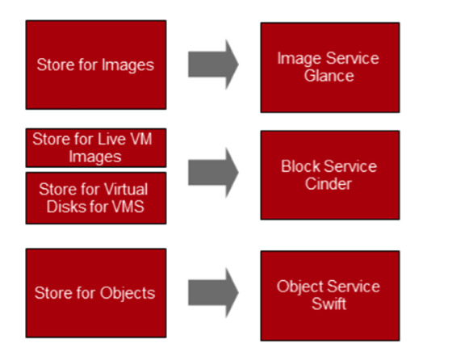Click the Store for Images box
96,65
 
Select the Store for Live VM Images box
96,148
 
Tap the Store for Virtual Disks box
96,198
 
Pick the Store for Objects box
96,293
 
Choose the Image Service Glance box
330,68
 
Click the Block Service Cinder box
330,175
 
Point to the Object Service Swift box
330,295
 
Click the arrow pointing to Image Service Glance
213,65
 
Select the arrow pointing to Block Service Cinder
213,173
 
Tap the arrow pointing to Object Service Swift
213,292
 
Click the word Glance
329,76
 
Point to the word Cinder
329,184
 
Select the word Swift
329,304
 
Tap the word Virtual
126,190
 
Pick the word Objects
128,294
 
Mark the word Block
300,166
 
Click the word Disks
65,207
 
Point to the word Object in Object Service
299,287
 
